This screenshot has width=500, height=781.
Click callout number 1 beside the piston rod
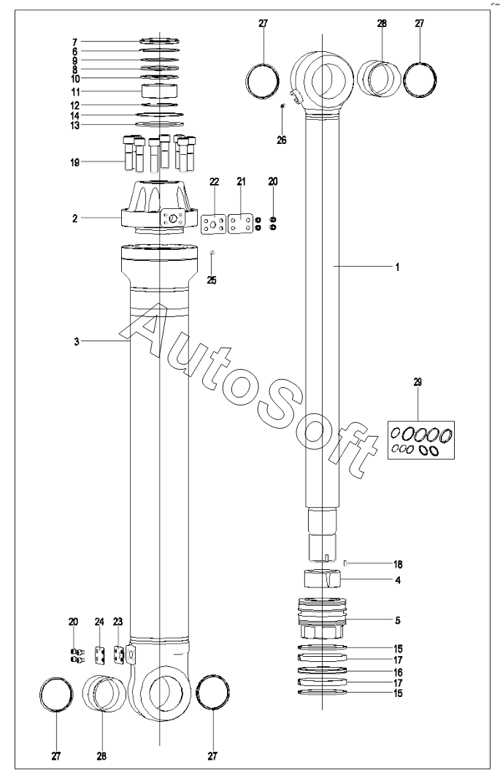[397, 267]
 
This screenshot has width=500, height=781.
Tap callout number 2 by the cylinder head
[75, 218]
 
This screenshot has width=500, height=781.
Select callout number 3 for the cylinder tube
[76, 341]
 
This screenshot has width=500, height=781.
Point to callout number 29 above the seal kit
[418, 382]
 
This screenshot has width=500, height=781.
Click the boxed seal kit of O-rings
[421, 440]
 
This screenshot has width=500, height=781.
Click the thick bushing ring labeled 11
[160, 91]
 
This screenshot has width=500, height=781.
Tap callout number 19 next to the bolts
[75, 162]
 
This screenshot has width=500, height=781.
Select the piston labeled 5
[321, 618]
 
